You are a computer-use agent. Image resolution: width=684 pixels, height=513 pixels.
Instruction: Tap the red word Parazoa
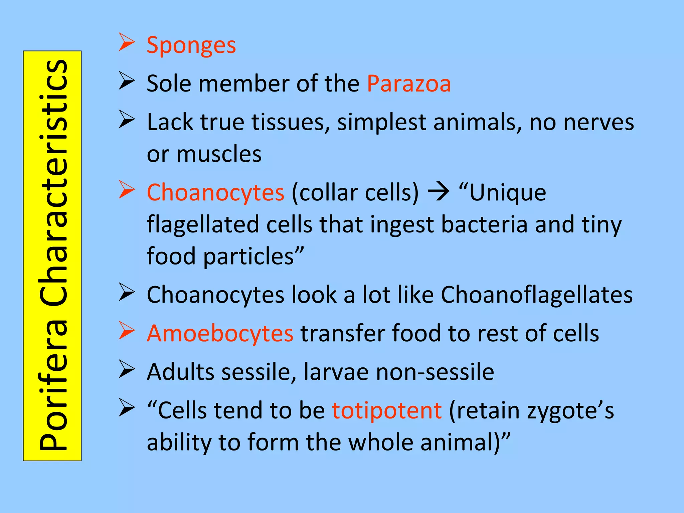tap(409, 83)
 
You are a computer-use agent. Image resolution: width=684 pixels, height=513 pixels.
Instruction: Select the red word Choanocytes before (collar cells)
tap(215, 193)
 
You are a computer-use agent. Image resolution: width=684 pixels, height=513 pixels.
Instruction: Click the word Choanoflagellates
tap(537, 295)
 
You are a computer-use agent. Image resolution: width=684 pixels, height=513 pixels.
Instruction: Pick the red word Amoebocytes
tap(220, 333)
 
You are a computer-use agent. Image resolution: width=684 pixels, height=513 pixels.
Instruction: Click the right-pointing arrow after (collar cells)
tap(439, 193)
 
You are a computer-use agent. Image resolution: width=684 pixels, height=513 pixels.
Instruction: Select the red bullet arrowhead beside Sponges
tap(127, 43)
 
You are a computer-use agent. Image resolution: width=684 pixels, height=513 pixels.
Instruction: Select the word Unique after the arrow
tap(508, 193)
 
